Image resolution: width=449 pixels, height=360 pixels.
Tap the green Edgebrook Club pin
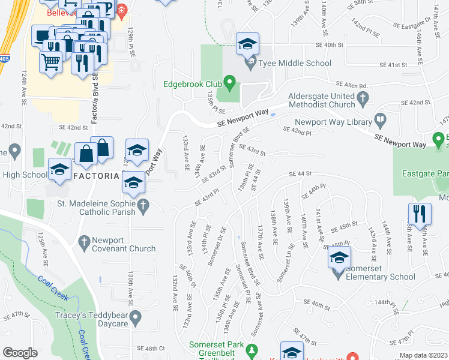[x=228, y=81]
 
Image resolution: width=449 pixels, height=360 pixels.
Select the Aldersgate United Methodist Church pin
[x=362, y=97]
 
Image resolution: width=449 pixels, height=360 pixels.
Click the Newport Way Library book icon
[x=380, y=121]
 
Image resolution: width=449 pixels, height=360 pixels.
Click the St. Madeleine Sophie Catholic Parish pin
[x=143, y=206]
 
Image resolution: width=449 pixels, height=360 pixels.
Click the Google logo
[x=20, y=353]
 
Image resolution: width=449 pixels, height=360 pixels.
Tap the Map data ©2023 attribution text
[x=424, y=355]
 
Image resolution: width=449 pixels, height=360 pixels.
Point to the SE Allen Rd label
[x=351, y=85]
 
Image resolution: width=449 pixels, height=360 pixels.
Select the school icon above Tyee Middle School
[x=247, y=44]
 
